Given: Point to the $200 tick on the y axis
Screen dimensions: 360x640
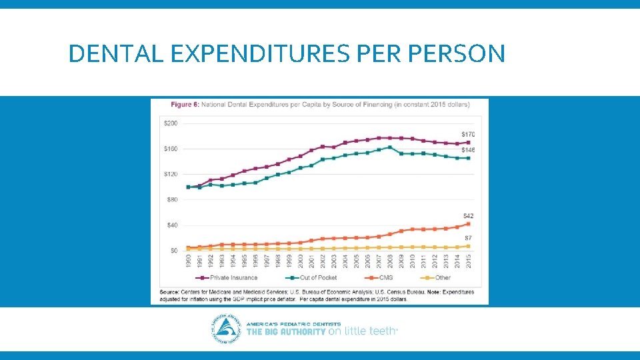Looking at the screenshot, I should tap(171, 123).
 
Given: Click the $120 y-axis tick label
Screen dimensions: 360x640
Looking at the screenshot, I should tap(171, 174).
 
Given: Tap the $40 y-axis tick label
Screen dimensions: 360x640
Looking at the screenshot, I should tap(172, 225).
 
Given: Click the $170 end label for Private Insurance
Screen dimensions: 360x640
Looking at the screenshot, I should tap(468, 135).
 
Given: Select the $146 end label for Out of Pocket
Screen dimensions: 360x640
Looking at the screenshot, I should tap(468, 150).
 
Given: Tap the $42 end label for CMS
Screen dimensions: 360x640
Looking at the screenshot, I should tap(468, 216).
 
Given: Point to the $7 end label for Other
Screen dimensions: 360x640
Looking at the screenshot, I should tap(468, 238).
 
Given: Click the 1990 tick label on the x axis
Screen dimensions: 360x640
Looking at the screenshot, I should tap(188, 261).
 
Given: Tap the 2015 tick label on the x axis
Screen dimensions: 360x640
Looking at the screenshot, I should tap(468, 261).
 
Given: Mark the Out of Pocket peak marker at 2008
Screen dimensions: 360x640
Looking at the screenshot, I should tap(390, 147).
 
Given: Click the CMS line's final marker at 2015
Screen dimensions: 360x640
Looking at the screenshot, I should tap(468, 224).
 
